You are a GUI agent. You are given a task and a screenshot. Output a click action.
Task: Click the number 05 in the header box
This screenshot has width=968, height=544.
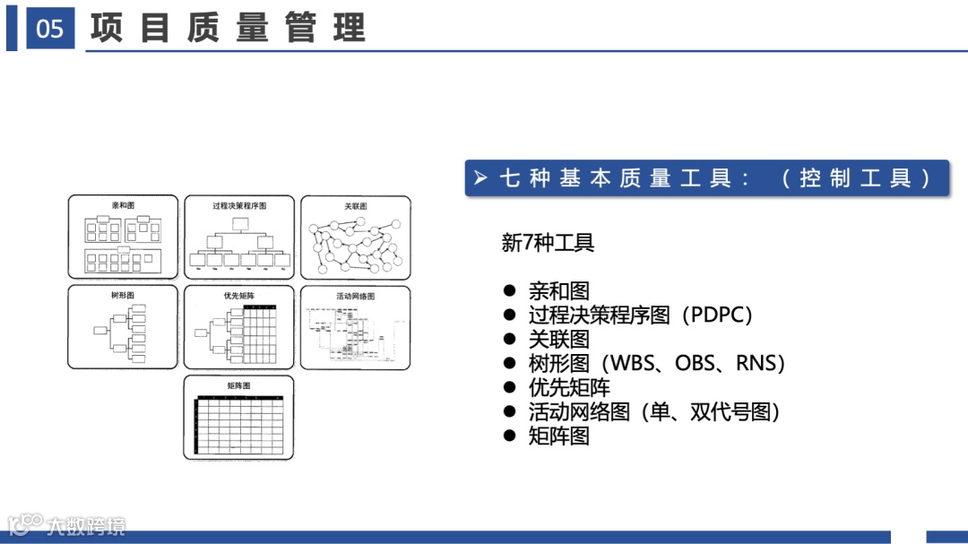tap(50, 29)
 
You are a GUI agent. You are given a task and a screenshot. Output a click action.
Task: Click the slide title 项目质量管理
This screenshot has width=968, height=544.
tap(228, 29)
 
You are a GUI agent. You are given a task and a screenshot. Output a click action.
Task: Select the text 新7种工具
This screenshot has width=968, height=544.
tap(548, 243)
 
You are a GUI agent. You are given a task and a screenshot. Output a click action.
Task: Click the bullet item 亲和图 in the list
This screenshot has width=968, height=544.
tap(558, 291)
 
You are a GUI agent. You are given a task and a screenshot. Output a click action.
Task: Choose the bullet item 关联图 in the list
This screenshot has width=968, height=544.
tap(558, 340)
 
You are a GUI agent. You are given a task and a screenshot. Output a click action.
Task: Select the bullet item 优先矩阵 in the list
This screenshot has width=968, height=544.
tap(569, 388)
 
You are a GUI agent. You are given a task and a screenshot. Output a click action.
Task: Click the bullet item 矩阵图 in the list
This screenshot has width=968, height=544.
tap(558, 436)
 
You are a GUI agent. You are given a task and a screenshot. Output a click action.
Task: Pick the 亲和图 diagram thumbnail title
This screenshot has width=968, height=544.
tap(123, 206)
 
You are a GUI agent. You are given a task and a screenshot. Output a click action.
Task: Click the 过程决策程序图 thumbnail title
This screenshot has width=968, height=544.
tap(238, 206)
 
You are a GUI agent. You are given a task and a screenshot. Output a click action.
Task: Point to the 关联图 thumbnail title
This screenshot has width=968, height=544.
tap(355, 206)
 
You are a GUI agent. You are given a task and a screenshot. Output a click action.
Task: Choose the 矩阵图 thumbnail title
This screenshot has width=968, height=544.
tap(238, 385)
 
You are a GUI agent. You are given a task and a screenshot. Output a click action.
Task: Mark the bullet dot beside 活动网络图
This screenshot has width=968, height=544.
tap(510, 412)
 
